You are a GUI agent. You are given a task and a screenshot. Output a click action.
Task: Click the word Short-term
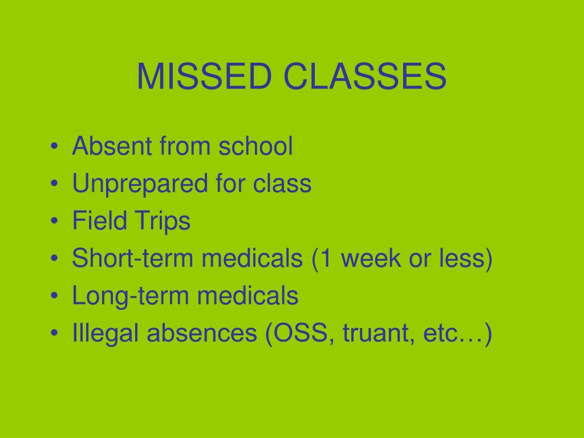132,259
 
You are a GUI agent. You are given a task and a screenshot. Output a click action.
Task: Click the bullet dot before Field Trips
54,222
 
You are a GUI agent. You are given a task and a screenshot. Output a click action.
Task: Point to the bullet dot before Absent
54,148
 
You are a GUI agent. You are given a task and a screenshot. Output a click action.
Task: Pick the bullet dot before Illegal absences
54,335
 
